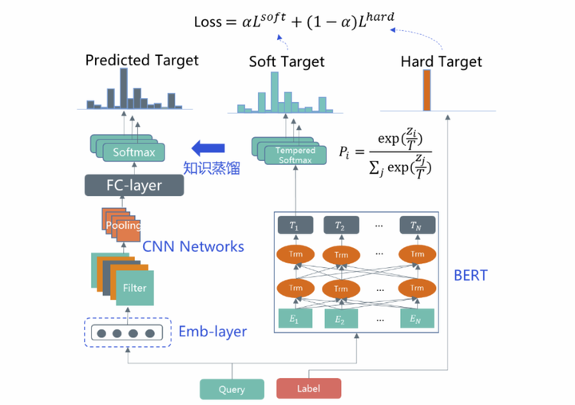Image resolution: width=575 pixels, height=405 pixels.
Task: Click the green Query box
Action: [x=232, y=389]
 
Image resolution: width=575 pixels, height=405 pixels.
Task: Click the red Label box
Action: [x=308, y=389]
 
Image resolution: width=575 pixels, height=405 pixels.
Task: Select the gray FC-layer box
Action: [x=133, y=186]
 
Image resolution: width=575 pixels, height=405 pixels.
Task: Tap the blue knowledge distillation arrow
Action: [x=207, y=147]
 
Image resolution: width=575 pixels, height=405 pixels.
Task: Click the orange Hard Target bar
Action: [x=426, y=90]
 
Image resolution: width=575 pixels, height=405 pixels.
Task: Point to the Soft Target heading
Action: [x=287, y=61]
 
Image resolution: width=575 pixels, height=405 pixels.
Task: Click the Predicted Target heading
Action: [x=141, y=60]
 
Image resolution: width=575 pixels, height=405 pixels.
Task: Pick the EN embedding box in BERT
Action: [x=414, y=319]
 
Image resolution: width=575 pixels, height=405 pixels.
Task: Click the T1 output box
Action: [x=295, y=226]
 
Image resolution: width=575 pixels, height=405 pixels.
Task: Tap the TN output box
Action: [x=414, y=226]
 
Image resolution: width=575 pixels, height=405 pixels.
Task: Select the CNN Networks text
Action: [x=192, y=246]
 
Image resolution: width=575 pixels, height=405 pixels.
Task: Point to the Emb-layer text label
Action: [x=212, y=332]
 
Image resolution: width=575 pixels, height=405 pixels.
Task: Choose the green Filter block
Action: [x=135, y=288]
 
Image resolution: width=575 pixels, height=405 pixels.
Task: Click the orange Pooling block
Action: [x=122, y=226]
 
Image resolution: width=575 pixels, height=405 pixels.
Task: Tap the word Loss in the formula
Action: [x=210, y=22]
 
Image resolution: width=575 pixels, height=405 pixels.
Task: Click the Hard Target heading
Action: [x=442, y=61]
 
